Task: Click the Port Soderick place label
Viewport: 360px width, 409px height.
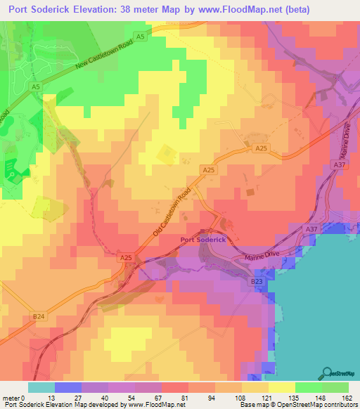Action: [x=202, y=240]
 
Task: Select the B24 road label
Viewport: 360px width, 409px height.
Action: [x=39, y=316]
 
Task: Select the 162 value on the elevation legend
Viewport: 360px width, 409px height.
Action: [x=347, y=397]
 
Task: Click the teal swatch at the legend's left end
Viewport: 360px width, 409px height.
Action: [x=41, y=387]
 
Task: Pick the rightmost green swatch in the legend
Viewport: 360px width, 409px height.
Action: [x=335, y=387]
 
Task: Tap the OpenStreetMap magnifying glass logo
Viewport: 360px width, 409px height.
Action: [x=327, y=372]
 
